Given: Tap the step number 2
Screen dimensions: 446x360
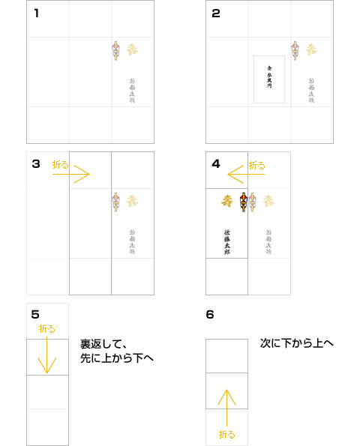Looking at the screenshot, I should [x=216, y=13].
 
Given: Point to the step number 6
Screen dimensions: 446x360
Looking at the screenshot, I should [x=210, y=314].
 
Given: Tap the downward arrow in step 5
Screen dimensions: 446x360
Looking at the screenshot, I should [x=47, y=356].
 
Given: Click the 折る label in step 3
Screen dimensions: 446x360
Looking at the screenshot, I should [x=60, y=163].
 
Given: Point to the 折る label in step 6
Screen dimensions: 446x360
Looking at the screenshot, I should [x=226, y=434].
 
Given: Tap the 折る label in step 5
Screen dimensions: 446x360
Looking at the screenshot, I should [x=47, y=328].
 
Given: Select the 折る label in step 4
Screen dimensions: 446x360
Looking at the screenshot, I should [x=256, y=164].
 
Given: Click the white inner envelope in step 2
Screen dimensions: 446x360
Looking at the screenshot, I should [x=269, y=79].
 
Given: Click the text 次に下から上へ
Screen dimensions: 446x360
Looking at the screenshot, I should [x=297, y=343].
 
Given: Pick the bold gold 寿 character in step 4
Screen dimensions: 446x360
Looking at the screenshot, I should [x=226, y=201].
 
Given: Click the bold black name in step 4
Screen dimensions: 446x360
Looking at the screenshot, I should [x=226, y=241].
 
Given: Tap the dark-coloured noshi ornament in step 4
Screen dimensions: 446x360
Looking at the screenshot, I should [x=243, y=201].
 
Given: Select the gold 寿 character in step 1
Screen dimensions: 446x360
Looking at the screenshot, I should [x=132, y=50].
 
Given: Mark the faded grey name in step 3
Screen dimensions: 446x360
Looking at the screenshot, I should [x=132, y=242].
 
